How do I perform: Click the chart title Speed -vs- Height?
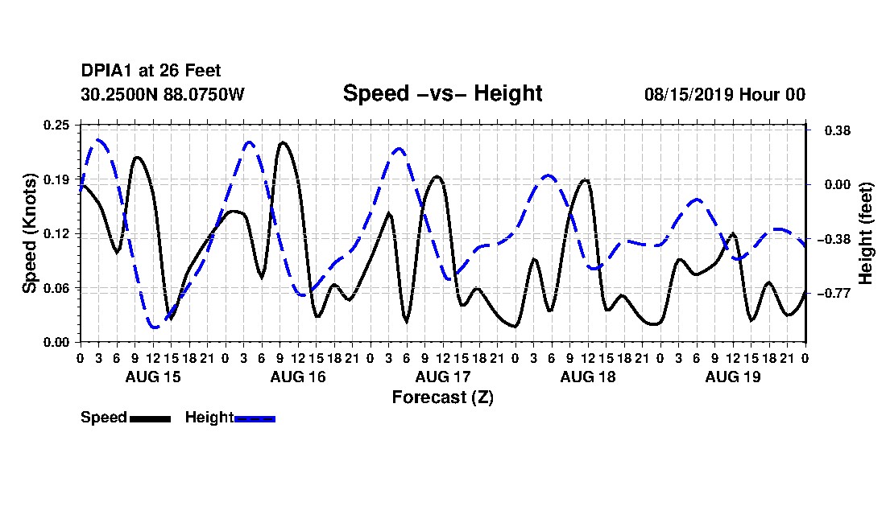click(x=442, y=93)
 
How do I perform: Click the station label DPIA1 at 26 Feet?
click(x=151, y=71)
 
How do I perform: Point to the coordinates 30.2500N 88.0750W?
click(x=163, y=94)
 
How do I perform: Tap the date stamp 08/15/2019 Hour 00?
click(x=725, y=94)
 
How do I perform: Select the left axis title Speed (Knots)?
click(x=29, y=233)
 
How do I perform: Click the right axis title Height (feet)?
click(x=865, y=233)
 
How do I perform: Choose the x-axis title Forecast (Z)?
click(x=442, y=397)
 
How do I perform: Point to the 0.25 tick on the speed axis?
click(x=57, y=125)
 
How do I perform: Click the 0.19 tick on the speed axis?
click(x=57, y=179)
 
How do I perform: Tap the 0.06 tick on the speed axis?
click(x=57, y=288)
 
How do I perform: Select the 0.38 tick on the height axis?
click(x=838, y=130)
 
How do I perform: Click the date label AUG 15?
click(x=153, y=377)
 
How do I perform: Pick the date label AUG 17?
click(x=443, y=377)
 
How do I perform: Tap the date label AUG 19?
click(x=733, y=377)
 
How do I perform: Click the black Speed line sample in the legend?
click(x=151, y=418)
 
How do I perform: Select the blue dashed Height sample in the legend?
click(x=255, y=418)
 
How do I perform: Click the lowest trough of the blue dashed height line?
click(x=154, y=327)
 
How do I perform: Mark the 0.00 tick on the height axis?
click(x=838, y=184)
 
